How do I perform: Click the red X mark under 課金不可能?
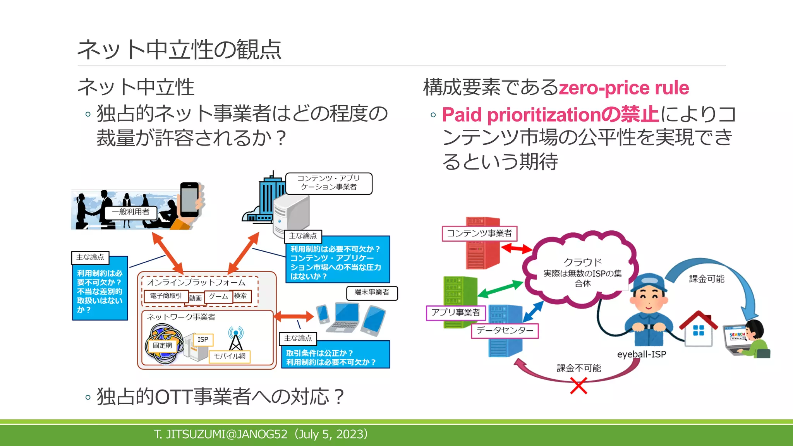[x=578, y=386]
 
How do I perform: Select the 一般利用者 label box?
[x=130, y=212]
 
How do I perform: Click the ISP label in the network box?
[x=203, y=340]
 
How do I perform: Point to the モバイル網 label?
[x=230, y=356]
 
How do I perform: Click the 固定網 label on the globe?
[x=162, y=345]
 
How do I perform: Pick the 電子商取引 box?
[x=166, y=296]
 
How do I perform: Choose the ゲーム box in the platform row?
[x=218, y=297]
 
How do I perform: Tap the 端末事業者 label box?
[x=372, y=292]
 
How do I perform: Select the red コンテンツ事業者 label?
[x=479, y=233]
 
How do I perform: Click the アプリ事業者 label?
[x=456, y=312]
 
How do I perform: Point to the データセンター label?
[x=505, y=331]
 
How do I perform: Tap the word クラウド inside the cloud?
[x=582, y=262]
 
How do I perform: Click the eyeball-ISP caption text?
[x=642, y=354]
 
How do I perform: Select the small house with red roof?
[x=698, y=329]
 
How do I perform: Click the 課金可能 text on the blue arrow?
[x=707, y=279]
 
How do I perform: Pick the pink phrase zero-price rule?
[x=624, y=88]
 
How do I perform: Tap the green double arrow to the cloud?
[x=500, y=289]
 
